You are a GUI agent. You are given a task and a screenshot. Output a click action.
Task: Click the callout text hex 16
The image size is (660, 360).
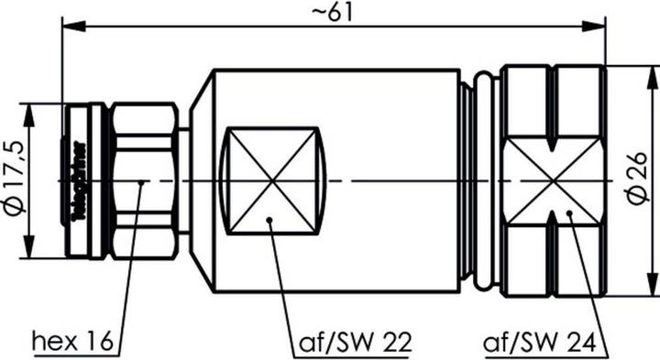tap(72, 343)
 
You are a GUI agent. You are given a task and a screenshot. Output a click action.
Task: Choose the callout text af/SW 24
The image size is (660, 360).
tap(545, 343)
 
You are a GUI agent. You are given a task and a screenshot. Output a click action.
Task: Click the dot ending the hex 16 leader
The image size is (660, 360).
tap(141, 182)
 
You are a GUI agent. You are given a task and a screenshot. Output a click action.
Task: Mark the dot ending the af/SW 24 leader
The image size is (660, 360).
tap(569, 213)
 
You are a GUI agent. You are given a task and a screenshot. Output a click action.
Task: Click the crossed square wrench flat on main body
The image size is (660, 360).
tap(276, 180)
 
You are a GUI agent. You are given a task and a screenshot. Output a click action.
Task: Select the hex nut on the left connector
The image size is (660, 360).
tap(144, 180)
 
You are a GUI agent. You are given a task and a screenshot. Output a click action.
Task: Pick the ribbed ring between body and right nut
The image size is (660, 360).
tap(468, 180)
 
